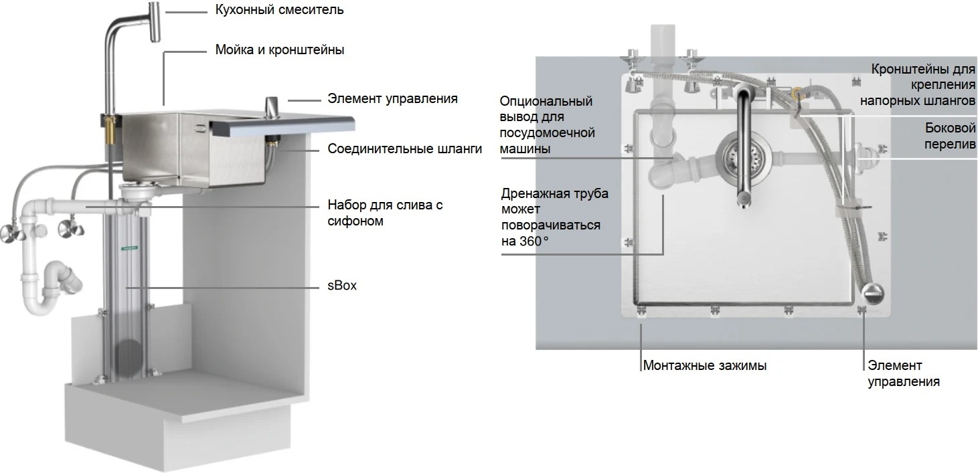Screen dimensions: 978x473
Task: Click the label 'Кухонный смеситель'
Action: tap(279, 10)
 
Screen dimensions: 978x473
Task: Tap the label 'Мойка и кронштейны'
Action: tap(280, 50)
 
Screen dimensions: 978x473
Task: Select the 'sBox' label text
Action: tap(342, 286)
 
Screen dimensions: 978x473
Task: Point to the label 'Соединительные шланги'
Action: tap(405, 149)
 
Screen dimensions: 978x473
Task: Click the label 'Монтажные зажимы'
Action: tap(705, 365)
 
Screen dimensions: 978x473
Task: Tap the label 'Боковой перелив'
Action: tap(950, 136)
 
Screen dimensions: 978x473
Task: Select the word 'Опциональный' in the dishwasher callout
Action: tap(546, 101)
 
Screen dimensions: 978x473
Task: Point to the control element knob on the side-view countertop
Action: tap(272, 108)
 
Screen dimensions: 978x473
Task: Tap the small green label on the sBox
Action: tap(129, 248)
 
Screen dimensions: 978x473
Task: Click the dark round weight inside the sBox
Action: tap(129, 358)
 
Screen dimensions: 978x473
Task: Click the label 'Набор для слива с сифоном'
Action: tap(385, 213)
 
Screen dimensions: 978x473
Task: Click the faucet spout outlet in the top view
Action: tap(742, 200)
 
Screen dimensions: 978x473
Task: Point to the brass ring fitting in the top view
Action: tap(797, 92)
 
